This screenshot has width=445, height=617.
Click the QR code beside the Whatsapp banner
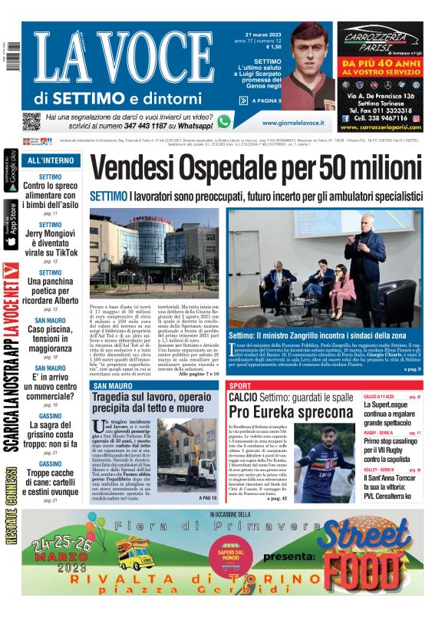point(31,121)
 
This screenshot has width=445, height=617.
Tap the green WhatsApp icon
point(224,121)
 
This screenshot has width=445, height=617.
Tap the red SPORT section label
point(240,385)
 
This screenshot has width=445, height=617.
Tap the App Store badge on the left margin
point(11,225)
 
